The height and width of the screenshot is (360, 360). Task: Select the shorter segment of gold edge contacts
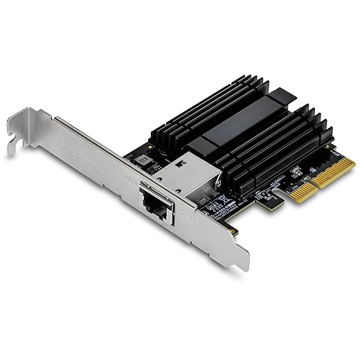click(x=291, y=202)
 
